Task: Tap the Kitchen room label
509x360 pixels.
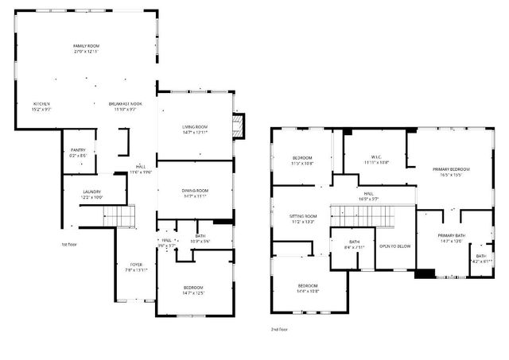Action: click(41, 104)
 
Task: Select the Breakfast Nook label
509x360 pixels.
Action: click(126, 104)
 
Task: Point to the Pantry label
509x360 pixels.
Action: click(78, 149)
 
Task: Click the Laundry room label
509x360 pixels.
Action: click(93, 192)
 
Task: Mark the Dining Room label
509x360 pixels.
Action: click(195, 191)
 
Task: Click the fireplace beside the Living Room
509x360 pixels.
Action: click(236, 124)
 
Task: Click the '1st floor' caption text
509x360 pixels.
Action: click(69, 244)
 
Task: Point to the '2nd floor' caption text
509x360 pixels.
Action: click(279, 327)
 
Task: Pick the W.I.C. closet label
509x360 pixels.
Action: click(376, 157)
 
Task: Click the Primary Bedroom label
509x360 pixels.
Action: click(451, 169)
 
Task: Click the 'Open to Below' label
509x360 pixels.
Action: click(394, 246)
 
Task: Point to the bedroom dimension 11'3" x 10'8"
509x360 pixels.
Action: click(303, 164)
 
